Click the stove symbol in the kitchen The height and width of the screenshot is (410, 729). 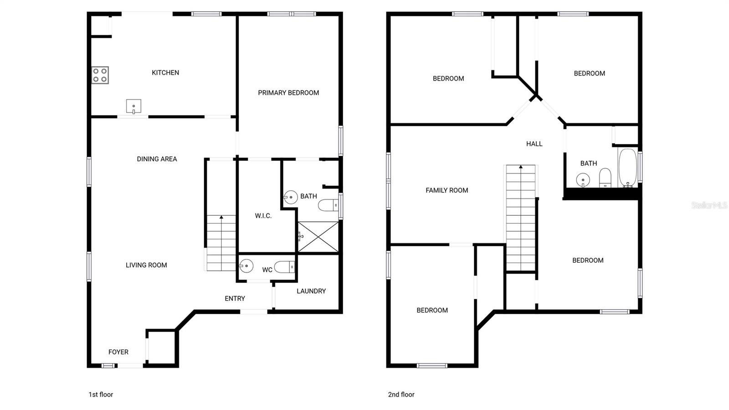tap(100, 75)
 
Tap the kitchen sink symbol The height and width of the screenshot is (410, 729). tap(133, 107)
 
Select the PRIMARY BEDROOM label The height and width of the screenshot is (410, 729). tap(288, 93)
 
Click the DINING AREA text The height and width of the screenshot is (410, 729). tap(157, 159)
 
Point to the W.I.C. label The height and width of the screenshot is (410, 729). tap(263, 216)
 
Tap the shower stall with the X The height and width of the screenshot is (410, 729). tap(318, 237)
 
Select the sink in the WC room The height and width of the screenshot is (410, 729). tap(246, 265)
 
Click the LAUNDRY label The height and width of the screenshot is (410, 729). tap(311, 291)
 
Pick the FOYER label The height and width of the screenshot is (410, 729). tap(118, 352)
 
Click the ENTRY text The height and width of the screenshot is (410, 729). tap(235, 298)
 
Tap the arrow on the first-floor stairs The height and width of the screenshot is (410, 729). tap(221, 218)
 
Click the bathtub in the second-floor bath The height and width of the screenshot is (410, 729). tap(627, 167)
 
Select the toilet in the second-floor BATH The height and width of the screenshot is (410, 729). tap(605, 177)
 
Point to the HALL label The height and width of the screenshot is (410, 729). tap(534, 144)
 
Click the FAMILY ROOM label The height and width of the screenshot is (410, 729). tap(447, 190)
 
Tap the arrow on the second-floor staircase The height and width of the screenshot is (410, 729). tap(521, 168)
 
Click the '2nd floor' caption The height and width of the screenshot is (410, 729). tap(401, 394)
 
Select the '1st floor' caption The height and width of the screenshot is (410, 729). tap(101, 394)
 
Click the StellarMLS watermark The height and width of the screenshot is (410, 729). tap(709, 205)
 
